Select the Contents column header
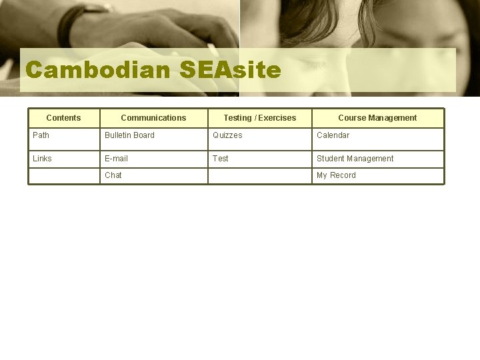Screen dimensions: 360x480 tap(63, 118)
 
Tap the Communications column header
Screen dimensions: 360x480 tap(153, 118)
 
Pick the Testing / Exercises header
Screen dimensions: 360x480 tap(259, 118)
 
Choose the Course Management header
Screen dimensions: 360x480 tap(377, 118)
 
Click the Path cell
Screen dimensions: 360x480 tap(41, 135)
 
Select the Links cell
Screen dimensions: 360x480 tap(42, 159)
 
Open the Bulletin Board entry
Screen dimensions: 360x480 tap(129, 135)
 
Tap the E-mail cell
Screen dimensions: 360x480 tap(116, 159)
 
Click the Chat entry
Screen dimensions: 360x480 tap(113, 175)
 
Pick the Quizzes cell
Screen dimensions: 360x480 tap(227, 135)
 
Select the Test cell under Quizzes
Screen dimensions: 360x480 tap(220, 159)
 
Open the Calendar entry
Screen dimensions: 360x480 tap(333, 135)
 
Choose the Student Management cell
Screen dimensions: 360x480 tap(355, 159)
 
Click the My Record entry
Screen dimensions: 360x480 tap(336, 175)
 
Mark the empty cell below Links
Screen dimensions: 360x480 tap(63, 176)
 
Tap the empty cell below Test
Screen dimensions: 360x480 tap(259, 176)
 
